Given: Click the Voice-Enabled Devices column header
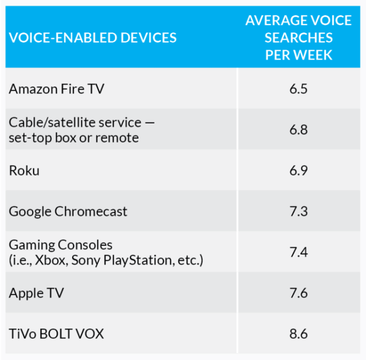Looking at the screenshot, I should tap(93, 38).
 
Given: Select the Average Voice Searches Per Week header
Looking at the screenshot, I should tap(298, 38).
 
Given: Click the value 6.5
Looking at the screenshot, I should tap(298, 88).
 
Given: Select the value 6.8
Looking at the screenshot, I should tap(298, 130).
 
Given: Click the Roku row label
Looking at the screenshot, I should tap(24, 170).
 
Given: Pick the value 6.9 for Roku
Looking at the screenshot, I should tap(298, 170).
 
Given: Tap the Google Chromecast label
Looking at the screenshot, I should tap(68, 211).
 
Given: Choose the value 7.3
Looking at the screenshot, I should tap(298, 211).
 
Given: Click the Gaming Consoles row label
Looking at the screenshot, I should tap(60, 245).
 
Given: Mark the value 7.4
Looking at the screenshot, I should tap(298, 252).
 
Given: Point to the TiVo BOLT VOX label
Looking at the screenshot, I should tap(56, 334).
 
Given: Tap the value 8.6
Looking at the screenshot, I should tap(298, 334).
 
